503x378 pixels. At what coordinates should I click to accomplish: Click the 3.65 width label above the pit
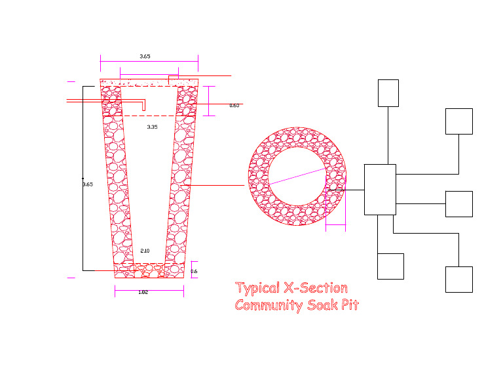tap(145, 56)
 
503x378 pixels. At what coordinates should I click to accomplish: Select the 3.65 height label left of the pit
tap(88, 184)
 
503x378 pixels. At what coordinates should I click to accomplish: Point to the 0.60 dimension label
tap(234, 105)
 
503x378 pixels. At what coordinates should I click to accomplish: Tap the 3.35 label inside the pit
tap(152, 127)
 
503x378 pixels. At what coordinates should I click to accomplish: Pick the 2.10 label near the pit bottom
tap(145, 251)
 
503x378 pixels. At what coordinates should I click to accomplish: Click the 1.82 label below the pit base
tap(143, 292)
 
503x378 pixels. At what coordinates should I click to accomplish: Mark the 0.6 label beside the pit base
tap(194, 271)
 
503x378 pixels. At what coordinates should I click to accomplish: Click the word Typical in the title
tap(257, 288)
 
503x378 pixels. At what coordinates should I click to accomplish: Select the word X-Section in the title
tap(316, 288)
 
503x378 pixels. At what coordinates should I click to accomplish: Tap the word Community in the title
tap(267, 305)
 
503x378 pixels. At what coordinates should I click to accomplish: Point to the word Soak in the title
tap(321, 305)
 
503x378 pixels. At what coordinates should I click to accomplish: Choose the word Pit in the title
tap(350, 305)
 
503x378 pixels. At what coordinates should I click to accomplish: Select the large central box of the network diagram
tap(380, 190)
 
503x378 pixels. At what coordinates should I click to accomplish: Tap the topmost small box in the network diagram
tap(388, 93)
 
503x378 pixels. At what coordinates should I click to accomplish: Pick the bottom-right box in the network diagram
tap(458, 279)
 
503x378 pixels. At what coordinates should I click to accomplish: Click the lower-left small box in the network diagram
tap(390, 266)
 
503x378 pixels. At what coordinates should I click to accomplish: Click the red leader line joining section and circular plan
tap(216, 185)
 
